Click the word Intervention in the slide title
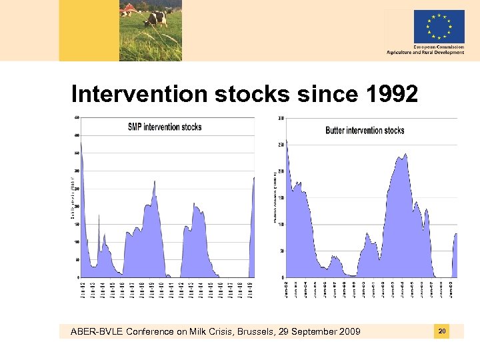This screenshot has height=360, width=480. coord(140,95)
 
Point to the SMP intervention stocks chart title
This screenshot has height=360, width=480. coord(165,127)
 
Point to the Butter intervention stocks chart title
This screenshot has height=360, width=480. coord(365,130)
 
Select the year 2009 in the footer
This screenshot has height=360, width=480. coord(349,332)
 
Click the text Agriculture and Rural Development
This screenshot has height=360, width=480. coord(425,53)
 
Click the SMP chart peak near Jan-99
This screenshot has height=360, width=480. coord(155,181)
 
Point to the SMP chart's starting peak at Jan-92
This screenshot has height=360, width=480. coord(81,141)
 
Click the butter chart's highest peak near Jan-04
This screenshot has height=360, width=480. coord(405,154)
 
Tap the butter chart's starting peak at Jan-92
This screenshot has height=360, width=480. coord(287,141)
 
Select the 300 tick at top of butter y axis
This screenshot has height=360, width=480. coord(281,118)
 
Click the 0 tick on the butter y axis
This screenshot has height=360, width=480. coord(282,277)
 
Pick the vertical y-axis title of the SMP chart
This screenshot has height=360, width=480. coord(72,197)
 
